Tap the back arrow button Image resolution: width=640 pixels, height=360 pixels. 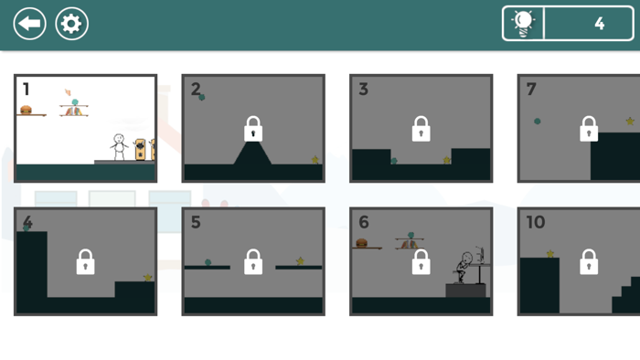[x=29, y=24]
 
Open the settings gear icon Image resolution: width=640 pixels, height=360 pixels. [x=72, y=24]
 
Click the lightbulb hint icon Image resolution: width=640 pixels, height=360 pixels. [x=524, y=24]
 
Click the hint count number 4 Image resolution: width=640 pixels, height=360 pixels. [x=599, y=24]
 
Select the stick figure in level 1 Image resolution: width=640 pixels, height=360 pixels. [x=118, y=146]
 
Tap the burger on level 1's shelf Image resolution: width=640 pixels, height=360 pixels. [x=27, y=110]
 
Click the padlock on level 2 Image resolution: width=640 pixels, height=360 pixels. [x=253, y=129]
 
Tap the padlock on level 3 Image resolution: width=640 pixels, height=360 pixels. [x=421, y=129]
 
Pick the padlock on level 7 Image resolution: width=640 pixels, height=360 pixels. [x=589, y=129]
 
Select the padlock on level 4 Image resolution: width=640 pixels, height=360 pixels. [x=85, y=262]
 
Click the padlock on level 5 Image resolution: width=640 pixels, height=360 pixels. [x=253, y=262]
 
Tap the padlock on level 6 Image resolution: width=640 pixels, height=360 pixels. [x=421, y=262]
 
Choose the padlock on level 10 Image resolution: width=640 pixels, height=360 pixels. [x=589, y=262]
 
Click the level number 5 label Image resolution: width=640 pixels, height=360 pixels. [x=196, y=223]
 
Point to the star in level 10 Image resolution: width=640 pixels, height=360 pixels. [x=550, y=254]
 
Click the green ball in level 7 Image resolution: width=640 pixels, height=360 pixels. [x=538, y=121]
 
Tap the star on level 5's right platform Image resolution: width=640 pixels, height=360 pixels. [x=300, y=261]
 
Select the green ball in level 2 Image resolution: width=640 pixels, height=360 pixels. [x=202, y=97]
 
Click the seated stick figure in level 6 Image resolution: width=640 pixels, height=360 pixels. [x=464, y=267]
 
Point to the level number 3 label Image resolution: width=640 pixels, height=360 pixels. [x=364, y=90]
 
